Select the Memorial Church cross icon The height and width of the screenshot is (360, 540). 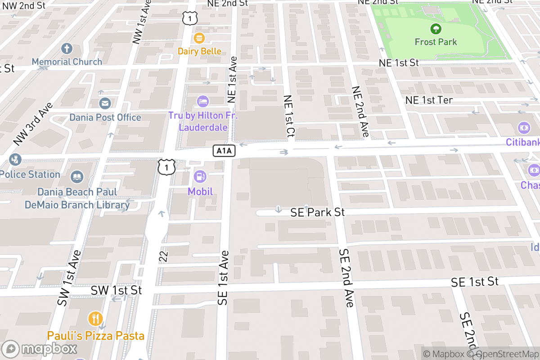click(67, 49)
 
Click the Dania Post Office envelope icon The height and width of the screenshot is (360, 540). click(105, 104)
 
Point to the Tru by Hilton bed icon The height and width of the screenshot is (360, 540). click(202, 101)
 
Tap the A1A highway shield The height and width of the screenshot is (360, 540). click(224, 151)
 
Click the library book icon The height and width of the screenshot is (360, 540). click(77, 177)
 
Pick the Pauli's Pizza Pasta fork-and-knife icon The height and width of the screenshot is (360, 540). click(95, 319)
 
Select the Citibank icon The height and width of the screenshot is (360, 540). click(523, 127)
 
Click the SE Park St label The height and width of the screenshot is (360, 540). click(318, 212)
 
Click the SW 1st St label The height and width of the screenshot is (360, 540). click(116, 290)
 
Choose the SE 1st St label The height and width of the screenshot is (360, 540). click(475, 282)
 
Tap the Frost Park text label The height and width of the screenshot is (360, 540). click(436, 42)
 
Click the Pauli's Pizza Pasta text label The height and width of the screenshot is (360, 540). click(96, 336)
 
